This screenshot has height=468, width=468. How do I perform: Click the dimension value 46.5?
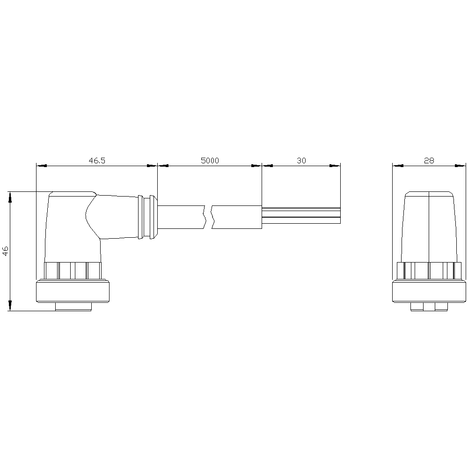[97, 161]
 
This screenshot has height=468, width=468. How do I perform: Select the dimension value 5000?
[210, 161]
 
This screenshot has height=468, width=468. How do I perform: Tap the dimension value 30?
[301, 161]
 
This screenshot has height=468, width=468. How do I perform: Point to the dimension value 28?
[429, 161]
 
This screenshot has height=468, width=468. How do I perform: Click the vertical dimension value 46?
[5, 251]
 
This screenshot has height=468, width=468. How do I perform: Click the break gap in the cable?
[209, 217]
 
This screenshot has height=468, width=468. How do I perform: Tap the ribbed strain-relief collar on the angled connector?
[147, 217]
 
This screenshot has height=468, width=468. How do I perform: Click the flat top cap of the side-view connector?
[73, 194]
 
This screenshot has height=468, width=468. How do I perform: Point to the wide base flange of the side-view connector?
[73, 291]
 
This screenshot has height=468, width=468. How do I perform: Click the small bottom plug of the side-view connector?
[73, 307]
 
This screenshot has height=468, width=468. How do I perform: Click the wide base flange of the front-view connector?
[429, 291]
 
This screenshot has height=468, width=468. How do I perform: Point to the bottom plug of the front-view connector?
[429, 307]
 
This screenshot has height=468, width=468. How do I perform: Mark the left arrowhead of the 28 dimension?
[397, 165]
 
